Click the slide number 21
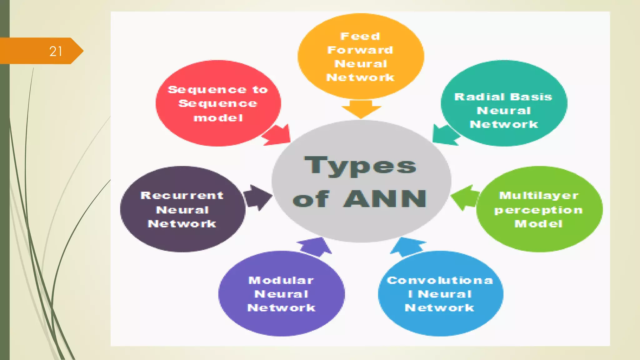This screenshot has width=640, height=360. pyautogui.click(x=56, y=51)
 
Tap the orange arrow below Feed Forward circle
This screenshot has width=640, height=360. pyautogui.click(x=361, y=109)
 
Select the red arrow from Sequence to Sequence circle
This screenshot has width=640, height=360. pyautogui.click(x=278, y=135)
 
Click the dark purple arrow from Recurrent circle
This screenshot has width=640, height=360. pyautogui.click(x=257, y=197)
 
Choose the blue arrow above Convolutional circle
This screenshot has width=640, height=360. pyautogui.click(x=407, y=246)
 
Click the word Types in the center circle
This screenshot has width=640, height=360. pyautogui.click(x=360, y=166)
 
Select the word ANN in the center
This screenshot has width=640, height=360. pyautogui.click(x=385, y=199)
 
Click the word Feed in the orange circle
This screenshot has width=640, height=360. pyautogui.click(x=360, y=36)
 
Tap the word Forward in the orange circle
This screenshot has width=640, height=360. pyautogui.click(x=360, y=50)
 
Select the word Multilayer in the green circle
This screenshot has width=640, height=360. pyautogui.click(x=539, y=196)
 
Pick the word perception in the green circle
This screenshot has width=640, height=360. pyautogui.click(x=538, y=210)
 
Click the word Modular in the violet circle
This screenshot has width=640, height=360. pyautogui.click(x=281, y=280)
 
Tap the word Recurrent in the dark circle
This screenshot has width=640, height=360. pyautogui.click(x=182, y=196)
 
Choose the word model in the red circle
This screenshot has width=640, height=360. pyautogui.click(x=218, y=118)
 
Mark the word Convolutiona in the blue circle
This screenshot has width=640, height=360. pyautogui.click(x=440, y=280)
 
